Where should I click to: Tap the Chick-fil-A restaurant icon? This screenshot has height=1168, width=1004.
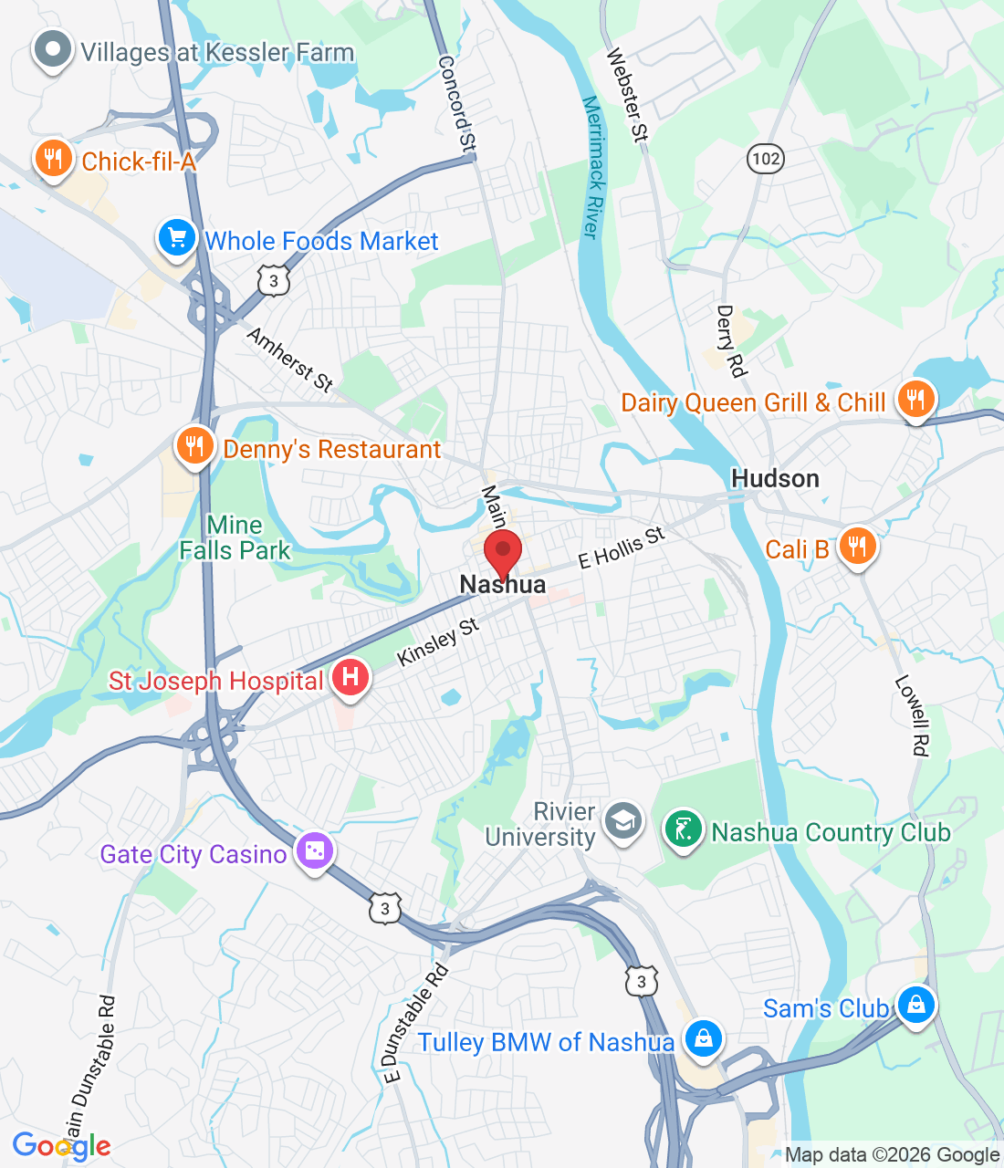coord(53,160)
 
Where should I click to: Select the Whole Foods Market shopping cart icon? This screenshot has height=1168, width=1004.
coord(177,239)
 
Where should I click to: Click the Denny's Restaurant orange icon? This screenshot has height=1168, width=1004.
coord(194,447)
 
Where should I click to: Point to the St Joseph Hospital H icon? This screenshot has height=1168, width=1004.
coord(350,679)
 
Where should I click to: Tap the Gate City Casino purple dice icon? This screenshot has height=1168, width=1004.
coord(314,852)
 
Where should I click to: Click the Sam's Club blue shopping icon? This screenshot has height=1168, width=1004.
coord(915,1006)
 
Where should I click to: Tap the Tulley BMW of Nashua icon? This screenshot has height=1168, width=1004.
coord(703,1039)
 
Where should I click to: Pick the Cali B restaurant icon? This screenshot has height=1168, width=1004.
coord(856,547)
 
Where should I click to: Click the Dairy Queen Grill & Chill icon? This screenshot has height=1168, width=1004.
coord(915,401)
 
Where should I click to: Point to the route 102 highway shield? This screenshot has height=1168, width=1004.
coord(766,159)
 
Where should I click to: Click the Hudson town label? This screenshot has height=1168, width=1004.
coord(775,478)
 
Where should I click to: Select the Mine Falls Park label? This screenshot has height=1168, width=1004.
coord(235,537)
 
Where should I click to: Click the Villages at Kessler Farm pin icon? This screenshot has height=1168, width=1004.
coord(53,51)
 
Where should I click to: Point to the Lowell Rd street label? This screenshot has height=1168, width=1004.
coord(912,715)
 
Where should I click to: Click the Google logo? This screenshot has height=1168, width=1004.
coord(61,1146)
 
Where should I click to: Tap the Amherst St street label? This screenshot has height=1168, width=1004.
coord(290,360)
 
